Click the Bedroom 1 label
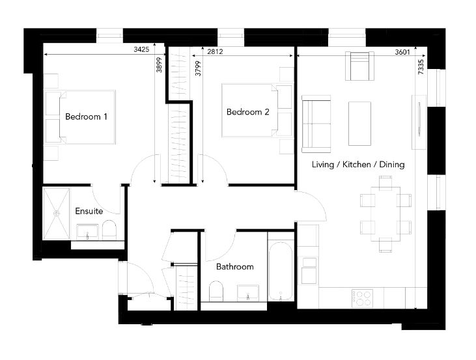tap(86, 117)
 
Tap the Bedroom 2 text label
tap(247, 112)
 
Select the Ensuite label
tap(89, 212)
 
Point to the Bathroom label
tap(234, 267)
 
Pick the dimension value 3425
tap(141, 49)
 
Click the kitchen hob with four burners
tap(361, 298)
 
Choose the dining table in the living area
tap(385, 214)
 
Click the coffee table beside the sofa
tap(359, 123)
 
